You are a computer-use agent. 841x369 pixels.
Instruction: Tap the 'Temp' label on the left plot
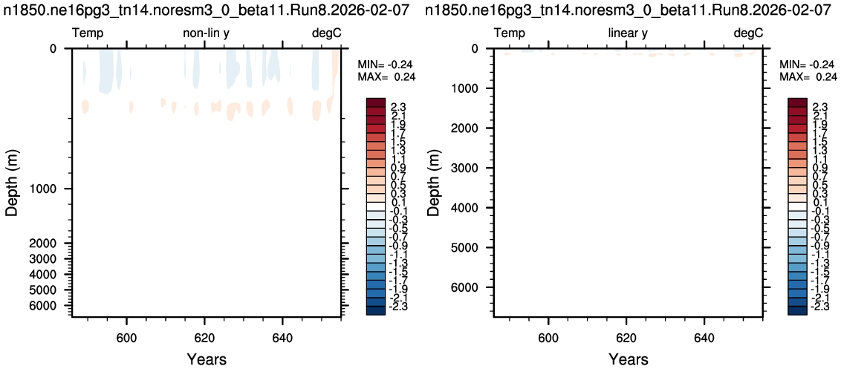coord(88,34)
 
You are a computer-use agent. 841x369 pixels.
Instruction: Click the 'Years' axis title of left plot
coord(207,359)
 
